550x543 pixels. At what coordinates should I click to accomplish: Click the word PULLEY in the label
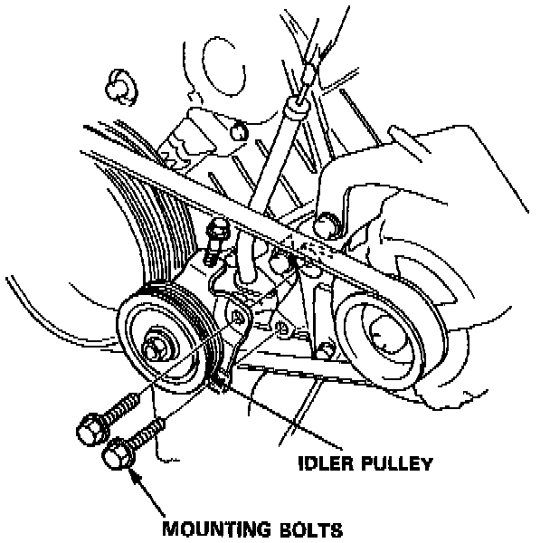392,463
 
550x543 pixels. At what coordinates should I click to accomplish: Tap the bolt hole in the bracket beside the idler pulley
240,317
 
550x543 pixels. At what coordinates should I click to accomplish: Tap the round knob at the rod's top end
308,71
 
